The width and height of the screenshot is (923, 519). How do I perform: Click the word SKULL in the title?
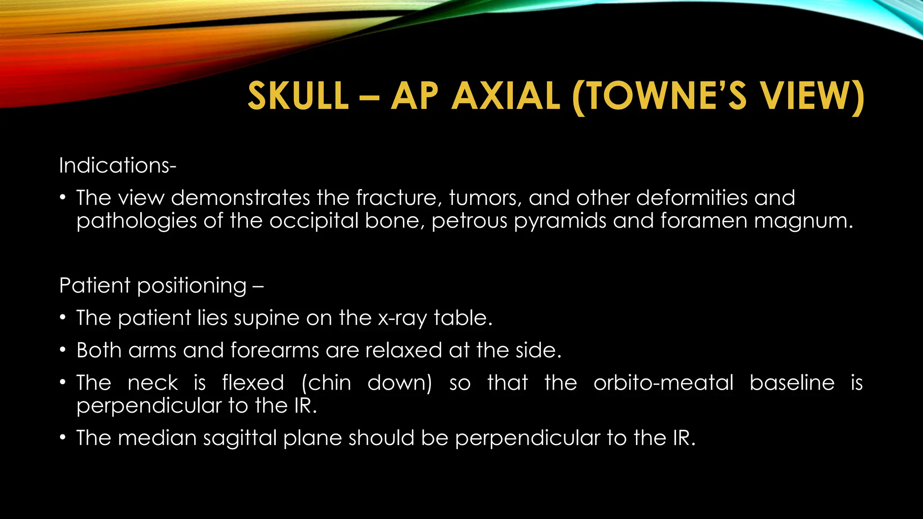click(298, 96)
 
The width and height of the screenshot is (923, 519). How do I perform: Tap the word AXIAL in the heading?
click(506, 96)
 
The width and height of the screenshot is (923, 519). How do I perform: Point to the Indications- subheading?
click(118, 165)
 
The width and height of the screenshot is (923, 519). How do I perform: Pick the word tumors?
click(485, 198)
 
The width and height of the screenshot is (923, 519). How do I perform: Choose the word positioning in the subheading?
click(192, 286)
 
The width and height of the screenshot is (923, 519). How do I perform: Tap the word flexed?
click(253, 383)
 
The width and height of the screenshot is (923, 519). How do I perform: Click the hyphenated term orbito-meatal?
click(663, 383)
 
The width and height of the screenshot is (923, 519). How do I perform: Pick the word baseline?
click(792, 383)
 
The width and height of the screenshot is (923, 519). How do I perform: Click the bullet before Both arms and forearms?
click(64, 351)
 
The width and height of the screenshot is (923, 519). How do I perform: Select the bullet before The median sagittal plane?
click(64, 438)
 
